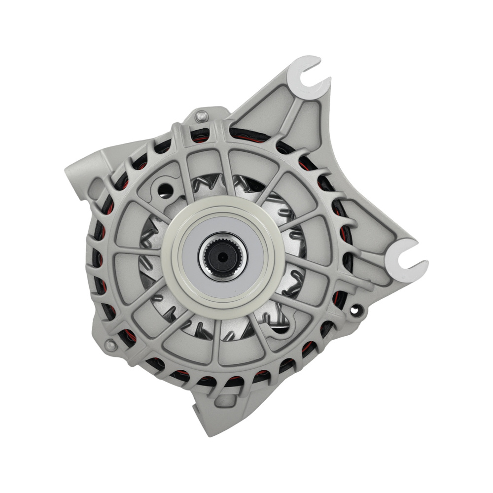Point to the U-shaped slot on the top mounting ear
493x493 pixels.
coord(308,74)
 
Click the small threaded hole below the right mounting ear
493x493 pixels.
coord(355,310)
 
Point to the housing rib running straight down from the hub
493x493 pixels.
coord(217,340)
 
